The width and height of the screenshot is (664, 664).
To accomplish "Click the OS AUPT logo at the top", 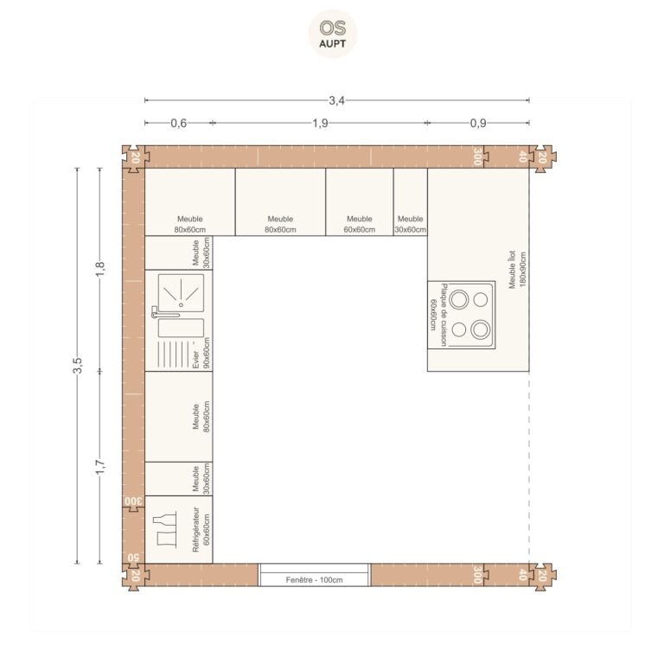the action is point(332,34).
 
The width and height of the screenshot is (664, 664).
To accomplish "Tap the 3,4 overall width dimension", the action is point(336,100).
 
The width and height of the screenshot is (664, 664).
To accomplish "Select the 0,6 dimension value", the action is point(179,124).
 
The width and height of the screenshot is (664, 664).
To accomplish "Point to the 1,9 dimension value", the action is point(320,124).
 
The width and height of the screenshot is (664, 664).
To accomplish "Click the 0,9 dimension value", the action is point(478,124).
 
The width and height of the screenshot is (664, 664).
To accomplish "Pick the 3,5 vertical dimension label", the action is point(77,366).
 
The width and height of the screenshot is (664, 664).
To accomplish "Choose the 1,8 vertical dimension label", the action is point(100,270).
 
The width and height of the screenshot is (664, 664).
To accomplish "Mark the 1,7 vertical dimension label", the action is point(100,467).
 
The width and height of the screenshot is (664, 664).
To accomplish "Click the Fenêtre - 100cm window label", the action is point(314,580).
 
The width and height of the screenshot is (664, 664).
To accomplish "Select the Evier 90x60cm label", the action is point(201,353).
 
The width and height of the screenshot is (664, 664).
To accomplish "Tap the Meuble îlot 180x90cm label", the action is point(517,270).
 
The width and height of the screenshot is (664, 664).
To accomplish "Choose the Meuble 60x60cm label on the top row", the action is point(359,224).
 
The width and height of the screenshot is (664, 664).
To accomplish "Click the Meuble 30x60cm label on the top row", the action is point(410,224).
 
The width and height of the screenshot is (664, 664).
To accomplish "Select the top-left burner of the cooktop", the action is point(459,299).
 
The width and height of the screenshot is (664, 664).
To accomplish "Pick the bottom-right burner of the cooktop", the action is point(480,329).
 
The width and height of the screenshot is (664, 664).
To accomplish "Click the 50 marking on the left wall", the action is point(133,557).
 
